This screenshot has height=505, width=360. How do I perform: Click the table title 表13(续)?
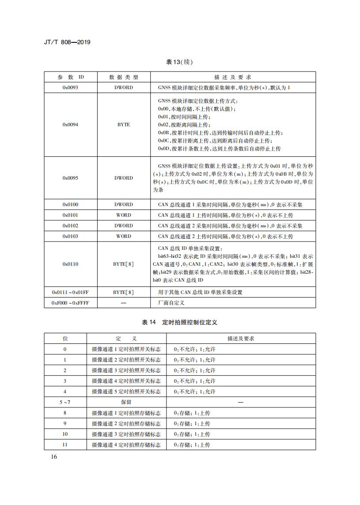180,62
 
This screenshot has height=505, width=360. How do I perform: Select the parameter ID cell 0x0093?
71,87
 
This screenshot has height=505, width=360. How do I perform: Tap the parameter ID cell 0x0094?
71,124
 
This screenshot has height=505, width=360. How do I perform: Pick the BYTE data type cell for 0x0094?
124,124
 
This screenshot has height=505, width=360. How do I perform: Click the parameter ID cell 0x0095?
71,178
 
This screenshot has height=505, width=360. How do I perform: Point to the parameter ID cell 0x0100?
71,205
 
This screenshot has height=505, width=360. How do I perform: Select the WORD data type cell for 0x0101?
124,215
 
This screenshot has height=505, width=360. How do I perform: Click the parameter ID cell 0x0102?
71,226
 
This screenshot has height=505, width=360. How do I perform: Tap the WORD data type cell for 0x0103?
124,237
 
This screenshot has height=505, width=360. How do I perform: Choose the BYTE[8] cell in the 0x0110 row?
124,264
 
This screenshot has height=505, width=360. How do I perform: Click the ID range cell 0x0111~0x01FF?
71,292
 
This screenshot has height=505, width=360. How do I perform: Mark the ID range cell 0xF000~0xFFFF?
71,303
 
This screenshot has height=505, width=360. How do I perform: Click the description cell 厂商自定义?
171,303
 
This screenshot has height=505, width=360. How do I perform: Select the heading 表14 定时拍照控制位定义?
180,323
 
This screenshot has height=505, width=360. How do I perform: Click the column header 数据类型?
124,77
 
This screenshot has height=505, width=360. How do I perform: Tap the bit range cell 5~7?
65,402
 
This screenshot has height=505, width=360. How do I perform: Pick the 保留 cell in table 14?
126,402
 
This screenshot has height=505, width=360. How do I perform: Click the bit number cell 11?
65,445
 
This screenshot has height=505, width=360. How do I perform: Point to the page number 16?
54,457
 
